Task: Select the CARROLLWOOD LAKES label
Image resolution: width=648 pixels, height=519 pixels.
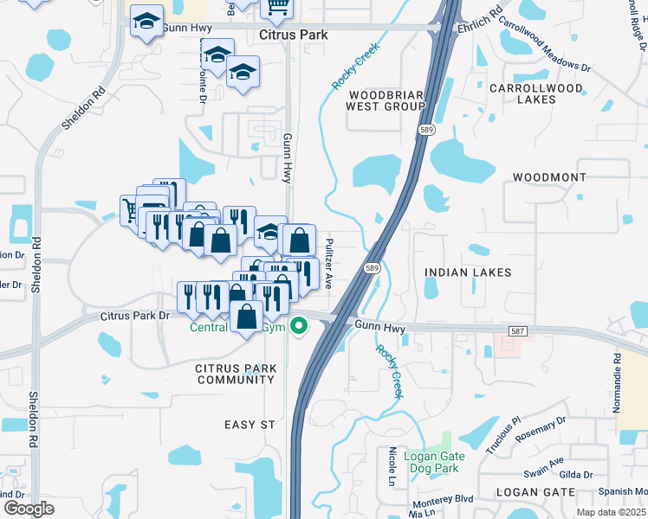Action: pyautogui.click(x=535, y=93)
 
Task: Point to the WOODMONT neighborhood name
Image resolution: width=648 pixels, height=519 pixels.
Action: pyautogui.click(x=550, y=176)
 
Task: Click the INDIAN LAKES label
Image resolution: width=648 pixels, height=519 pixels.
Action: pyautogui.click(x=468, y=272)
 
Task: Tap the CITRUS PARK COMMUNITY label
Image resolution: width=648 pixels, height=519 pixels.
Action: pyautogui.click(x=236, y=374)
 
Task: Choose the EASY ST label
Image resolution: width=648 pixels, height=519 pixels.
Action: pyautogui.click(x=249, y=425)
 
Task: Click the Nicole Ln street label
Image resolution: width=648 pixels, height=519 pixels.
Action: pyautogui.click(x=392, y=466)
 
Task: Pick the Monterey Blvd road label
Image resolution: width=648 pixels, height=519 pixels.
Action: pyautogui.click(x=442, y=499)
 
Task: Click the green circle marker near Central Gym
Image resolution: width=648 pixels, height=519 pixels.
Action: pyautogui.click(x=299, y=326)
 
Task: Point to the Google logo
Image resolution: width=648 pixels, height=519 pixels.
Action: pyautogui.click(x=29, y=509)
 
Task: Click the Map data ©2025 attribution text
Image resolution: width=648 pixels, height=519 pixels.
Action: pyautogui.click(x=612, y=512)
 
